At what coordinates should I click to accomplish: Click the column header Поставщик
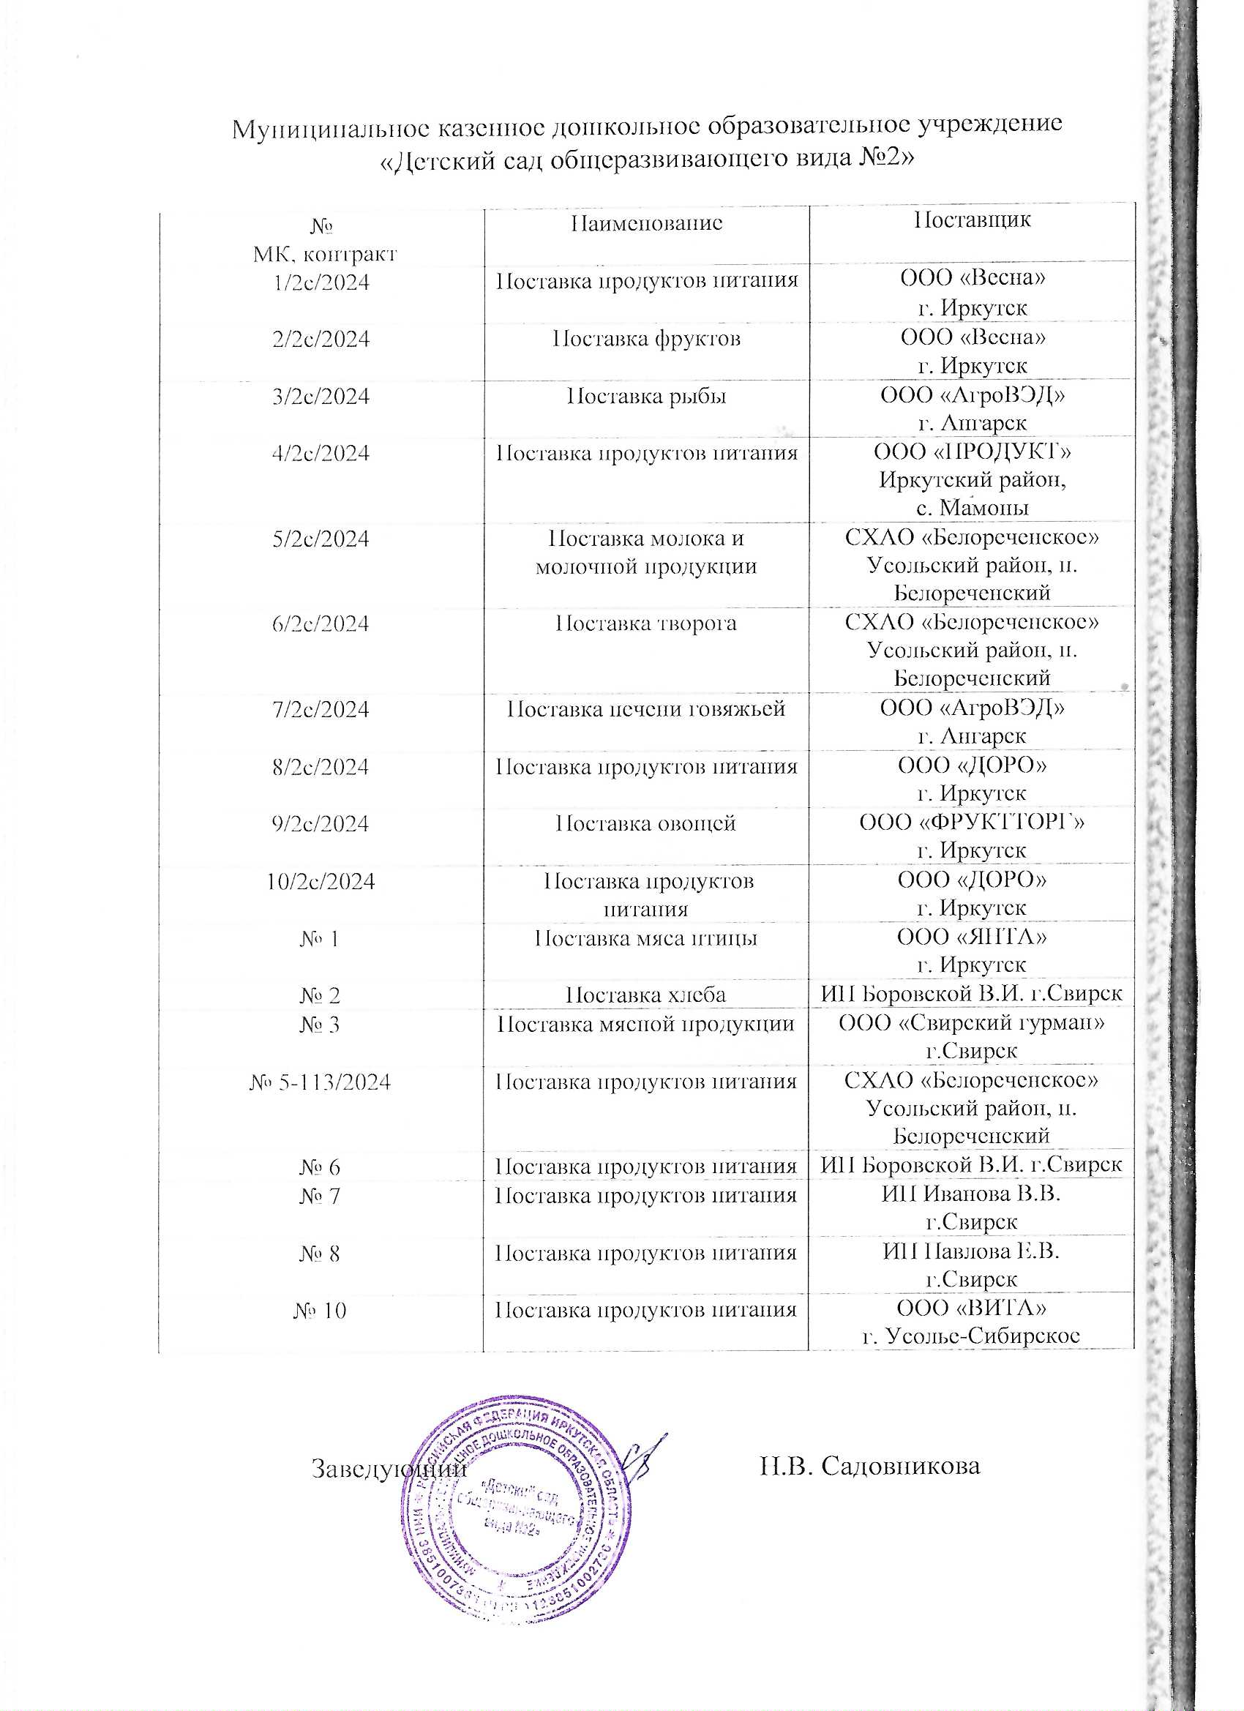972,220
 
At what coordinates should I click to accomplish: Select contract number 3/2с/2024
321,396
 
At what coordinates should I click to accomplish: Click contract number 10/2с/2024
321,881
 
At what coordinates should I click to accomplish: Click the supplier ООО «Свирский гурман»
972,1024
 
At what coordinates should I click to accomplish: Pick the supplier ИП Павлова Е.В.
972,1252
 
